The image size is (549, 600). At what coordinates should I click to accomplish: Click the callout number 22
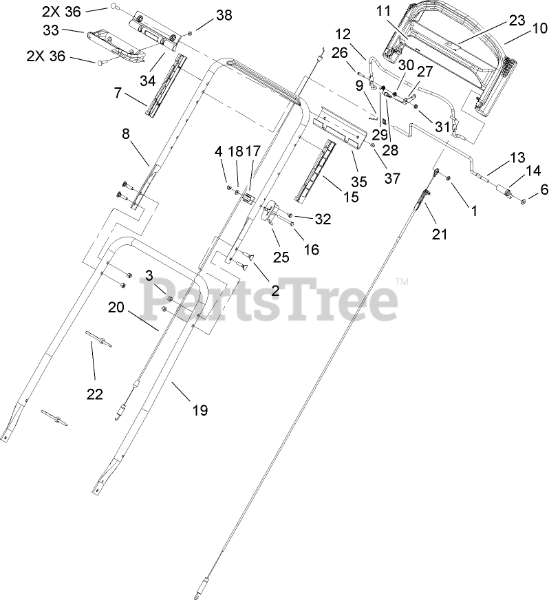click(x=94, y=394)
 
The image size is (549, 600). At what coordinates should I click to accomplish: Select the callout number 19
click(x=199, y=410)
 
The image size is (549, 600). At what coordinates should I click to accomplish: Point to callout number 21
click(x=439, y=234)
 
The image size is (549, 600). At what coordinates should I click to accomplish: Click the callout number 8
click(x=126, y=136)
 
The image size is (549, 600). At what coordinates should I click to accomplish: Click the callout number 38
click(x=205, y=15)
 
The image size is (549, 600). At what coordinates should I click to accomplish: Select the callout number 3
click(x=149, y=275)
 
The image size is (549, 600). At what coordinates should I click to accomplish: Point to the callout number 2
click(x=274, y=290)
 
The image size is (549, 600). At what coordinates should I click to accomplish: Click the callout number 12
click(x=343, y=34)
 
